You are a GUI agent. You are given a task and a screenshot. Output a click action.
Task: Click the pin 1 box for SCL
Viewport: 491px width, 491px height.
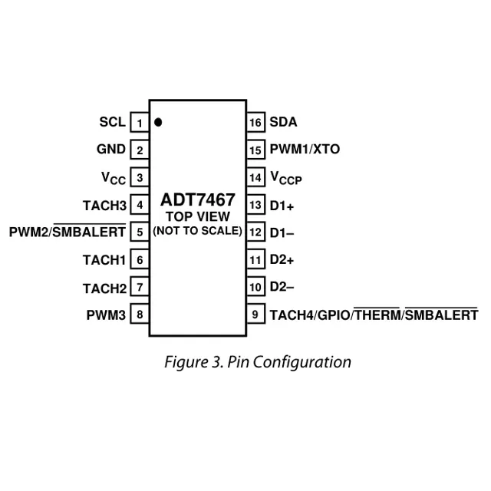point(140,123)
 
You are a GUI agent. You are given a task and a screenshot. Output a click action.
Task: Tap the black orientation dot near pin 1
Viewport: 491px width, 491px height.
point(159,122)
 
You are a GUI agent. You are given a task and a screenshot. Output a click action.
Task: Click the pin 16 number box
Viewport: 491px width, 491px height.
point(256,123)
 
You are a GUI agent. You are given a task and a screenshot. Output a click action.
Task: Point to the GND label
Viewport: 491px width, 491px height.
point(111,150)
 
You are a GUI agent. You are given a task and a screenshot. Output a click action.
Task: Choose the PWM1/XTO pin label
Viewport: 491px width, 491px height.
point(305,150)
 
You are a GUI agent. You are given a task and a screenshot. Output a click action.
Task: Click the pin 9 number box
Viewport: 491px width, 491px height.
point(256,315)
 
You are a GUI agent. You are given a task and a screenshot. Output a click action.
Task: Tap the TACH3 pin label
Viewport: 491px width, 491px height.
point(104,206)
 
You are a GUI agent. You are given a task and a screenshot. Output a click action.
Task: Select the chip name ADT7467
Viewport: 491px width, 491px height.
point(198,201)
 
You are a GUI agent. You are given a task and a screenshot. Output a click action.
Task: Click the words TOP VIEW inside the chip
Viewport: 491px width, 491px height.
point(198,216)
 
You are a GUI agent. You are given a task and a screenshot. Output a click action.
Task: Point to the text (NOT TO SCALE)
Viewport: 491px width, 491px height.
point(198,230)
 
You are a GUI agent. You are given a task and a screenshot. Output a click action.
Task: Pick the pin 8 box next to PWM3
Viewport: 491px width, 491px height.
point(140,315)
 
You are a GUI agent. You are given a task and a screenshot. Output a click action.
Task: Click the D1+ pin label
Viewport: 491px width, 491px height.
point(282,206)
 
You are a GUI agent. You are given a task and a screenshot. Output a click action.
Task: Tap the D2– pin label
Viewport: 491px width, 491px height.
point(282,287)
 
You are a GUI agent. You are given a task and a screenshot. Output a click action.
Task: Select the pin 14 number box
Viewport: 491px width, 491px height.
point(256,178)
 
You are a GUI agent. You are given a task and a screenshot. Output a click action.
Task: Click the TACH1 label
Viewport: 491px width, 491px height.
point(104,260)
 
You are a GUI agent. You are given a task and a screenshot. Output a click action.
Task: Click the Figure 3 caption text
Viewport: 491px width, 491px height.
point(258,362)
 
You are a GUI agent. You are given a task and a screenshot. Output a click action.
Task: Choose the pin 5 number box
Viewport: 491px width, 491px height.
point(140,232)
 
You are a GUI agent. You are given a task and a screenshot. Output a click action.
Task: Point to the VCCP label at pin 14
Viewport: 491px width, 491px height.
point(286,179)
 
